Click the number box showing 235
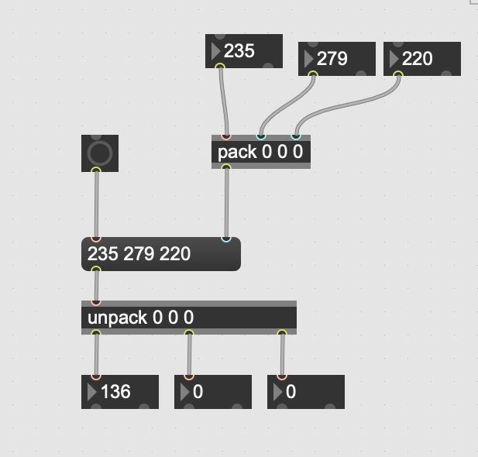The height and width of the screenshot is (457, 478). [244, 51]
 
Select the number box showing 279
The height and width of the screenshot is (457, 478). [337, 59]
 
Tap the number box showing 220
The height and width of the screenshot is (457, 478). [422, 59]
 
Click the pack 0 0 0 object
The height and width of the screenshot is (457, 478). [260, 152]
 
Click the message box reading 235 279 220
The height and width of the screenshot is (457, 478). [160, 254]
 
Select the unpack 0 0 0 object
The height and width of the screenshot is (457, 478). [188, 318]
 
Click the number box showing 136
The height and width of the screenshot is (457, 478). [120, 392]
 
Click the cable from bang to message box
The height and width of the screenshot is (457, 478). [96, 204]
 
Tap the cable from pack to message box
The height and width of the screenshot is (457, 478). [226, 203]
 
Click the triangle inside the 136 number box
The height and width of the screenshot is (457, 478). [92, 392]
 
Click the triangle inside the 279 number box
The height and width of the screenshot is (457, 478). [309, 59]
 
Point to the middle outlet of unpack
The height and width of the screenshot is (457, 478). [189, 334]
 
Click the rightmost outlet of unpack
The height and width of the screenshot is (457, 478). [282, 334]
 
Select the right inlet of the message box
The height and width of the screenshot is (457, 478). [226, 239]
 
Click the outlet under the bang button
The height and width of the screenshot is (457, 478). [96, 170]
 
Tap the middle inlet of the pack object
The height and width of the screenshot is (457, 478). [261, 137]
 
